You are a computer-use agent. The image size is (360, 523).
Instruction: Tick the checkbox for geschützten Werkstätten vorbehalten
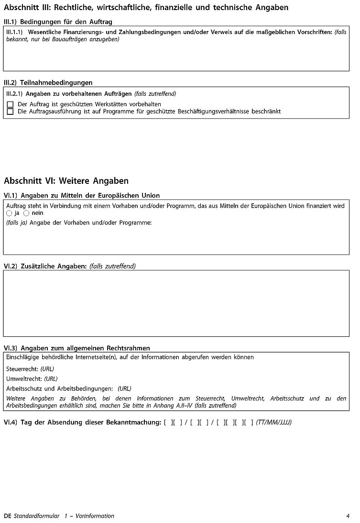coord(10,104)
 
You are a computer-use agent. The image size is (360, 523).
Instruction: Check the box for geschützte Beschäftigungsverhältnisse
coord(10,111)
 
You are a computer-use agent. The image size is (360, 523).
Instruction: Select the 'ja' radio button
coord(10,213)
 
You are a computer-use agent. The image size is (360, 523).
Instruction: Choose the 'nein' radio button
coord(26,213)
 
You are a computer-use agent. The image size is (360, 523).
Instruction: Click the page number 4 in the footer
coord(348,516)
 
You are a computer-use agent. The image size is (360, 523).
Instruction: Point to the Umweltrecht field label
coord(24,379)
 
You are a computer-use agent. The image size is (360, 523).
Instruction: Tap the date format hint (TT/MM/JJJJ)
coord(274,423)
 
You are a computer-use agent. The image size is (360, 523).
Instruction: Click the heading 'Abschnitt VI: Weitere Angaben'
coord(66,181)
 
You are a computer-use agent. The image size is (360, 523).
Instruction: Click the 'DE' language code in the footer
coord(7,516)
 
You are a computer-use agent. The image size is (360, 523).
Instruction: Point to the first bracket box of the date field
coord(169,423)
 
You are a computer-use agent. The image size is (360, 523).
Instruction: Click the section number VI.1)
coord(11,195)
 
